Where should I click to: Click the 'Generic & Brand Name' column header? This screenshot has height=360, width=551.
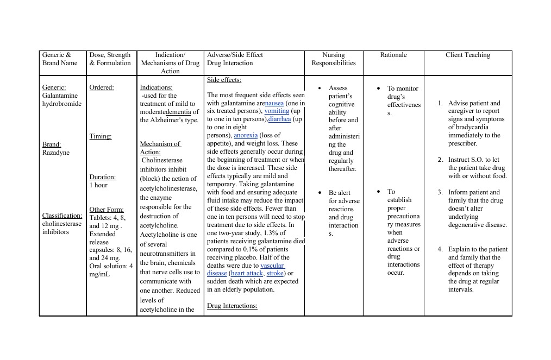coord(60,59)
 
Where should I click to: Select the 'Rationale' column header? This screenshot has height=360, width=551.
coord(393,55)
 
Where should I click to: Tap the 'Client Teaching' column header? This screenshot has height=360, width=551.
coord(467,55)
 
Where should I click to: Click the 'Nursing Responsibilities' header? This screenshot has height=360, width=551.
coord(333,59)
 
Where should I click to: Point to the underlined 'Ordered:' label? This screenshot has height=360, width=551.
coord(102,88)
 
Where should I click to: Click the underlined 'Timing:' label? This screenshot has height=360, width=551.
coord(100,136)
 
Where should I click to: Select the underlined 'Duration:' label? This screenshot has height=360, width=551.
coord(103,177)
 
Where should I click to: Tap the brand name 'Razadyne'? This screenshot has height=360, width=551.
coord(54,153)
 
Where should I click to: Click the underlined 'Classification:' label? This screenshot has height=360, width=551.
coord(62,216)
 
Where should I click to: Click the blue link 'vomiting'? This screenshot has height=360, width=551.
coord(277,111)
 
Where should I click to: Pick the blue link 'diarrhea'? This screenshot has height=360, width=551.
coord(279,119)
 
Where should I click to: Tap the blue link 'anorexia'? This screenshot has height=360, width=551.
coord(246,135)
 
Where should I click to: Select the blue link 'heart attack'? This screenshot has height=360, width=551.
coord(247,273)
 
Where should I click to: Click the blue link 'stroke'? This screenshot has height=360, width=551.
coord(275,273)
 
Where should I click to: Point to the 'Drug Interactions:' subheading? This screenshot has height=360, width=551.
coord(232,306)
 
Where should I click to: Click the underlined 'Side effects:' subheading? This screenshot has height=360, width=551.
coord(224,80)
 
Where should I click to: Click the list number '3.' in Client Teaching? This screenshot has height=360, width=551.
coord(441,192)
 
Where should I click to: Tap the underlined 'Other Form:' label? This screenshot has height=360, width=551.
coord(107,210)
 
